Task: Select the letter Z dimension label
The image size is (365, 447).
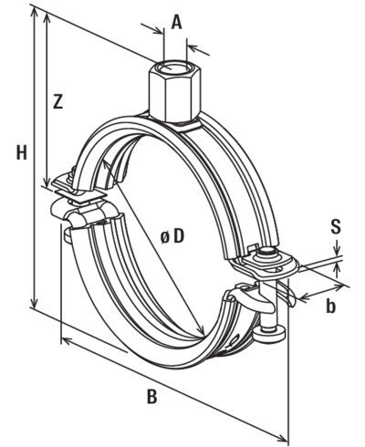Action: [x=57, y=103]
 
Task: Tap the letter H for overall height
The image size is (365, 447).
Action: [x=20, y=154]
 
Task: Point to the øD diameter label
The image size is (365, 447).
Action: [x=172, y=236]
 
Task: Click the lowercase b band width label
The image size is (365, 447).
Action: [x=330, y=307]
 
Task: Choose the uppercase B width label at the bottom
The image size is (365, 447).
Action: [x=151, y=397]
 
